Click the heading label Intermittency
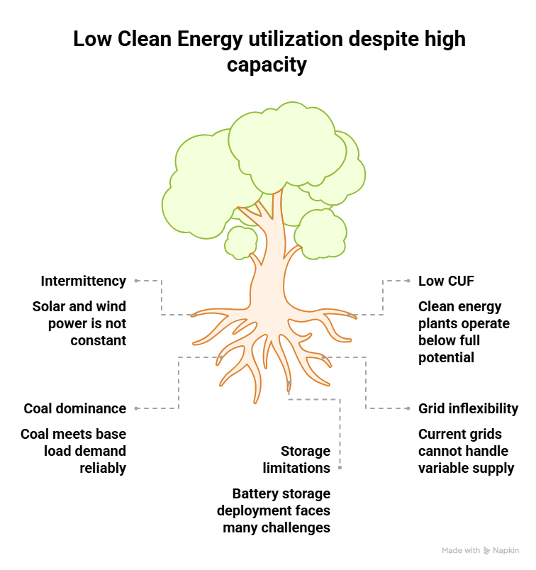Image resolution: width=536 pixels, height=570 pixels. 83,281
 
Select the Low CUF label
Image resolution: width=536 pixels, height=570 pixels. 446,281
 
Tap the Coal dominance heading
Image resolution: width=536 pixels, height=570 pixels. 74,408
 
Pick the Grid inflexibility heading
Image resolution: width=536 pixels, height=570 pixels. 468,408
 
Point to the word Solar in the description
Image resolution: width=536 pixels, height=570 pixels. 51,306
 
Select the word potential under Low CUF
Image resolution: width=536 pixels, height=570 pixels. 446,357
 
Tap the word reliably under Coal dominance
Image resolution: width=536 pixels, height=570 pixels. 103,468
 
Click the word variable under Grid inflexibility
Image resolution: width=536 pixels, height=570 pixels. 443,468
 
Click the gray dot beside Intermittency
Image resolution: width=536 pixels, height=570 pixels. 135,281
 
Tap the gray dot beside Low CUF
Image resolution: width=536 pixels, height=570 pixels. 409,281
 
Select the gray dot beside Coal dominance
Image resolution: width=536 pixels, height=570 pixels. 135,408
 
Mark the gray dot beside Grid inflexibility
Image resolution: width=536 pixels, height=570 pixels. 409,408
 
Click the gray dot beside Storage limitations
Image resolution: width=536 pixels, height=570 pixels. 340,468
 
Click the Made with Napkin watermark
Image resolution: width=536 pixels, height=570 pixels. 481,550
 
